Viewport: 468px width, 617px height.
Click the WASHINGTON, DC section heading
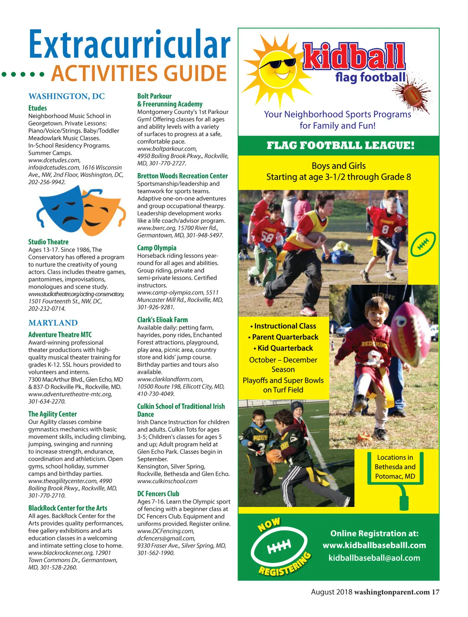(67, 96)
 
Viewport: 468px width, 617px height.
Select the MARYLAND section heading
(53, 323)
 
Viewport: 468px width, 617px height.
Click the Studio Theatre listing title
(48, 242)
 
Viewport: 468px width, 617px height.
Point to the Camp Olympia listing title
(157, 248)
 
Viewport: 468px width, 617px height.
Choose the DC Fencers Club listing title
(158, 494)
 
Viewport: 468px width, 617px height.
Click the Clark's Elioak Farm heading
(162, 320)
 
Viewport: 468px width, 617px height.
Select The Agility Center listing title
(52, 414)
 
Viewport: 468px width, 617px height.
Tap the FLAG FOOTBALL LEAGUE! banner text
(340, 146)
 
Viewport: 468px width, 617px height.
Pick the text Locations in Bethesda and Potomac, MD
(395, 467)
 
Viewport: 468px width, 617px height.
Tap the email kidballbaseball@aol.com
(374, 558)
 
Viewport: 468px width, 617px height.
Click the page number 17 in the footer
(435, 592)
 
